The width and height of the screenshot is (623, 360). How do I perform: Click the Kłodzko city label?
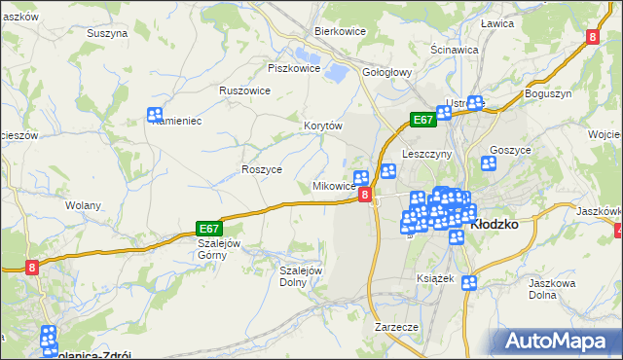pos(495,223)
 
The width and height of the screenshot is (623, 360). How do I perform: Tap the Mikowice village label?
pos(333,186)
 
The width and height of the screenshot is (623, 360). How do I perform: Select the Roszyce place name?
pos(261,168)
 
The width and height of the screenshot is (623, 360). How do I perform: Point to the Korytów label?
pos(324,126)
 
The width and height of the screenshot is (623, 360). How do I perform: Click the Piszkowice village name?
pos(294,68)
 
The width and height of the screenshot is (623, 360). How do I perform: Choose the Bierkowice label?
pos(340,31)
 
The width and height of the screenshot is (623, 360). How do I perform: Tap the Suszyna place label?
pos(107,32)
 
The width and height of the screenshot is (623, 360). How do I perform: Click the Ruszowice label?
pos(244,90)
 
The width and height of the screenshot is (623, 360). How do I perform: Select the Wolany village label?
pos(83,205)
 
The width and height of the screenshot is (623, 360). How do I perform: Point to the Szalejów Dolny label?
pos(301,276)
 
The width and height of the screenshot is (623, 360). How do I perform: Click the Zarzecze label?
pos(396,328)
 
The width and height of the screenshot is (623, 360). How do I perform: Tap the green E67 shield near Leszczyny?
pos(421,120)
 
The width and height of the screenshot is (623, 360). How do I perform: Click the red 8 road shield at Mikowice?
pos(365,196)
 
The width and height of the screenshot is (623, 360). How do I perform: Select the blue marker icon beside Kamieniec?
pos(155,115)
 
